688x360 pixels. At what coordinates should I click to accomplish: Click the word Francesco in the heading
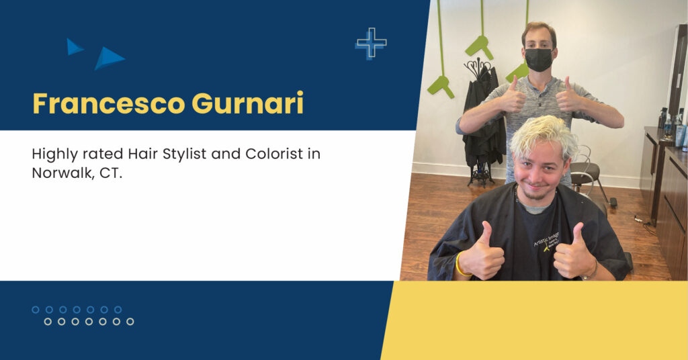pyautogui.click(x=108, y=103)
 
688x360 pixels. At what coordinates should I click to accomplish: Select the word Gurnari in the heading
pyautogui.click(x=247, y=103)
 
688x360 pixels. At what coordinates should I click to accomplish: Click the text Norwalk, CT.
pyautogui.click(x=77, y=173)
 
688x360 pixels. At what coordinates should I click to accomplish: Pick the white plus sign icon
pyautogui.click(x=371, y=43)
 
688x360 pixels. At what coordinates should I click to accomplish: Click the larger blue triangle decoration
pyautogui.click(x=109, y=58)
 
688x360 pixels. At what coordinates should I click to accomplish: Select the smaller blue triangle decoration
pyautogui.click(x=75, y=46)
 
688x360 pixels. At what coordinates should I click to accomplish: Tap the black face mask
pyautogui.click(x=539, y=60)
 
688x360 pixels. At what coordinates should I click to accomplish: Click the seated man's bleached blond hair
pyautogui.click(x=544, y=135)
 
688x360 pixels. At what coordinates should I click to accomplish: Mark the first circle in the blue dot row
pyautogui.click(x=36, y=310)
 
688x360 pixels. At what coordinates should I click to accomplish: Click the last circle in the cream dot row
pyautogui.click(x=130, y=322)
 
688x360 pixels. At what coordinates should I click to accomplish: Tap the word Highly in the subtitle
pyautogui.click(x=53, y=154)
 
